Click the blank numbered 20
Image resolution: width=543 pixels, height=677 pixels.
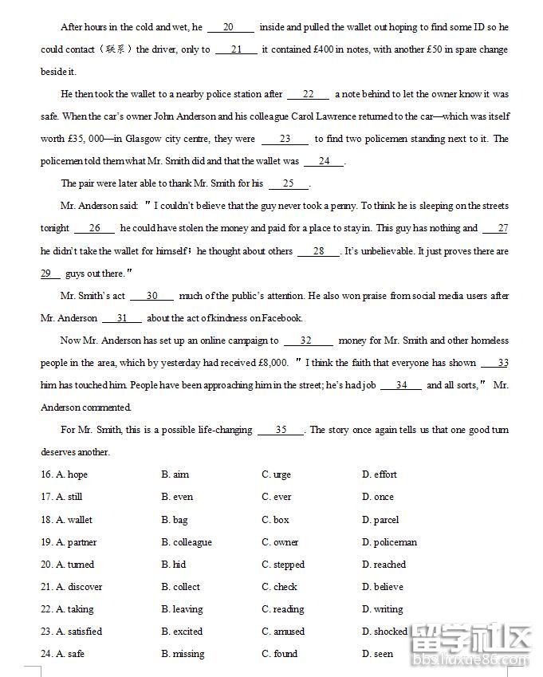coord(230,27)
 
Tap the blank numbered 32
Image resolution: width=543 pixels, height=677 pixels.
coord(306,340)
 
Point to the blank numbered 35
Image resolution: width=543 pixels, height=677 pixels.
coord(281,430)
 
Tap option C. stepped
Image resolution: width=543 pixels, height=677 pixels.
coord(283,565)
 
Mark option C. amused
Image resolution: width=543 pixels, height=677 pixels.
coord(283,632)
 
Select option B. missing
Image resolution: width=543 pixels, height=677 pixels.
coord(183,654)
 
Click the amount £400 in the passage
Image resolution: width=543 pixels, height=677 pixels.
coord(306,49)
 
